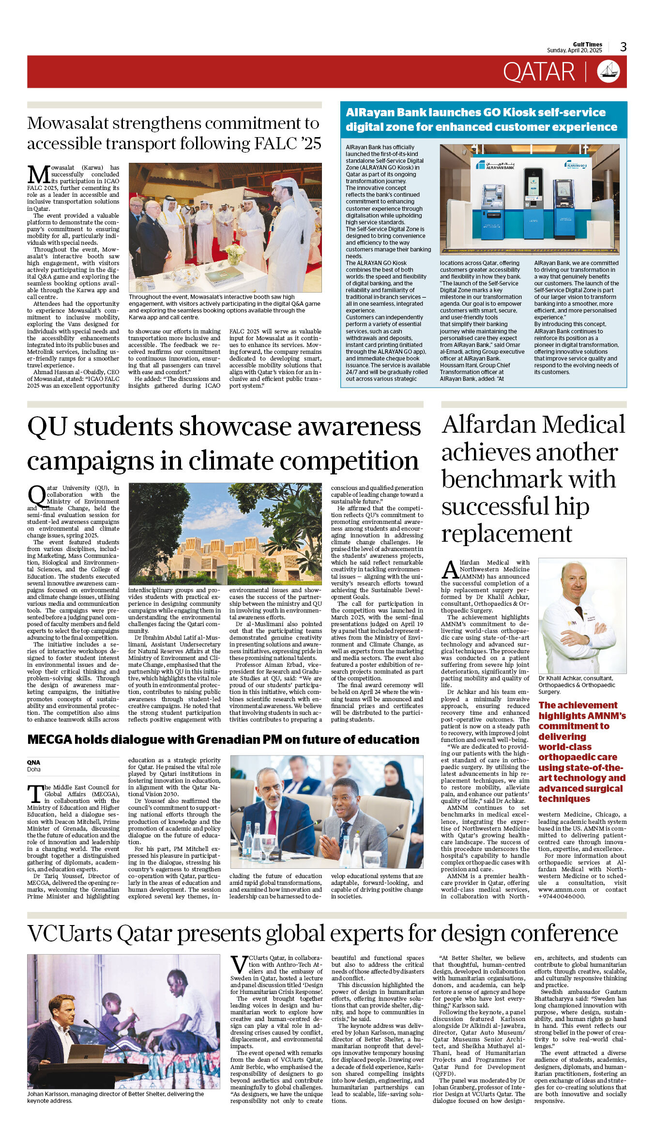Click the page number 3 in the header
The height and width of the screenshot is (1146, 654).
pos(623,47)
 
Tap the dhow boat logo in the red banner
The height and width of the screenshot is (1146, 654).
pos(608,72)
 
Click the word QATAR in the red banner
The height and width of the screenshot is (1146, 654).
pos(538,72)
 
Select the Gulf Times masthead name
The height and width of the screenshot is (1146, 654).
pos(587,44)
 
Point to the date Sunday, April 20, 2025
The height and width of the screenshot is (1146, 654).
pos(574,50)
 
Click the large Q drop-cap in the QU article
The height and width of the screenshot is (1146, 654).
pos(37,495)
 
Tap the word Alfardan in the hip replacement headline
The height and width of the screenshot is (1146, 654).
pos(489,424)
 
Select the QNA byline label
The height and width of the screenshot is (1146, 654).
pos(33,762)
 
